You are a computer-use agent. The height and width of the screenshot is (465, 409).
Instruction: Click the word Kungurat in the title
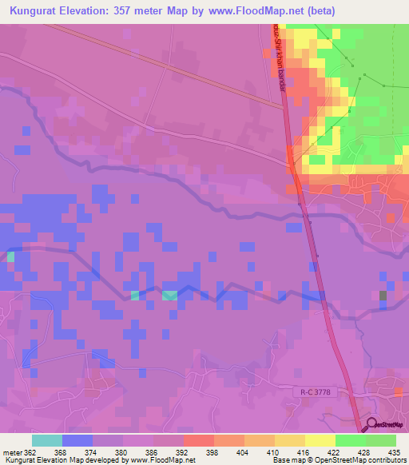pyautogui.click(x=38, y=10)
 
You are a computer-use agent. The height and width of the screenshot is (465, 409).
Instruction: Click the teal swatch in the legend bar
pyautogui.click(x=47, y=440)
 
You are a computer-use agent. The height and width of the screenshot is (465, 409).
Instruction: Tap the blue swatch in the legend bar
pyautogui.click(x=77, y=440)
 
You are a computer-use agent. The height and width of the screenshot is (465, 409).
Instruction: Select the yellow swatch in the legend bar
pyautogui.click(x=320, y=440)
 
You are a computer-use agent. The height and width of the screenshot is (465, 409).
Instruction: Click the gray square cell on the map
pyautogui.click(x=383, y=296)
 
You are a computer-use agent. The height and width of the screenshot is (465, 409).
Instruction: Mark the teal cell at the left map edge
pyautogui.click(x=11, y=257)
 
